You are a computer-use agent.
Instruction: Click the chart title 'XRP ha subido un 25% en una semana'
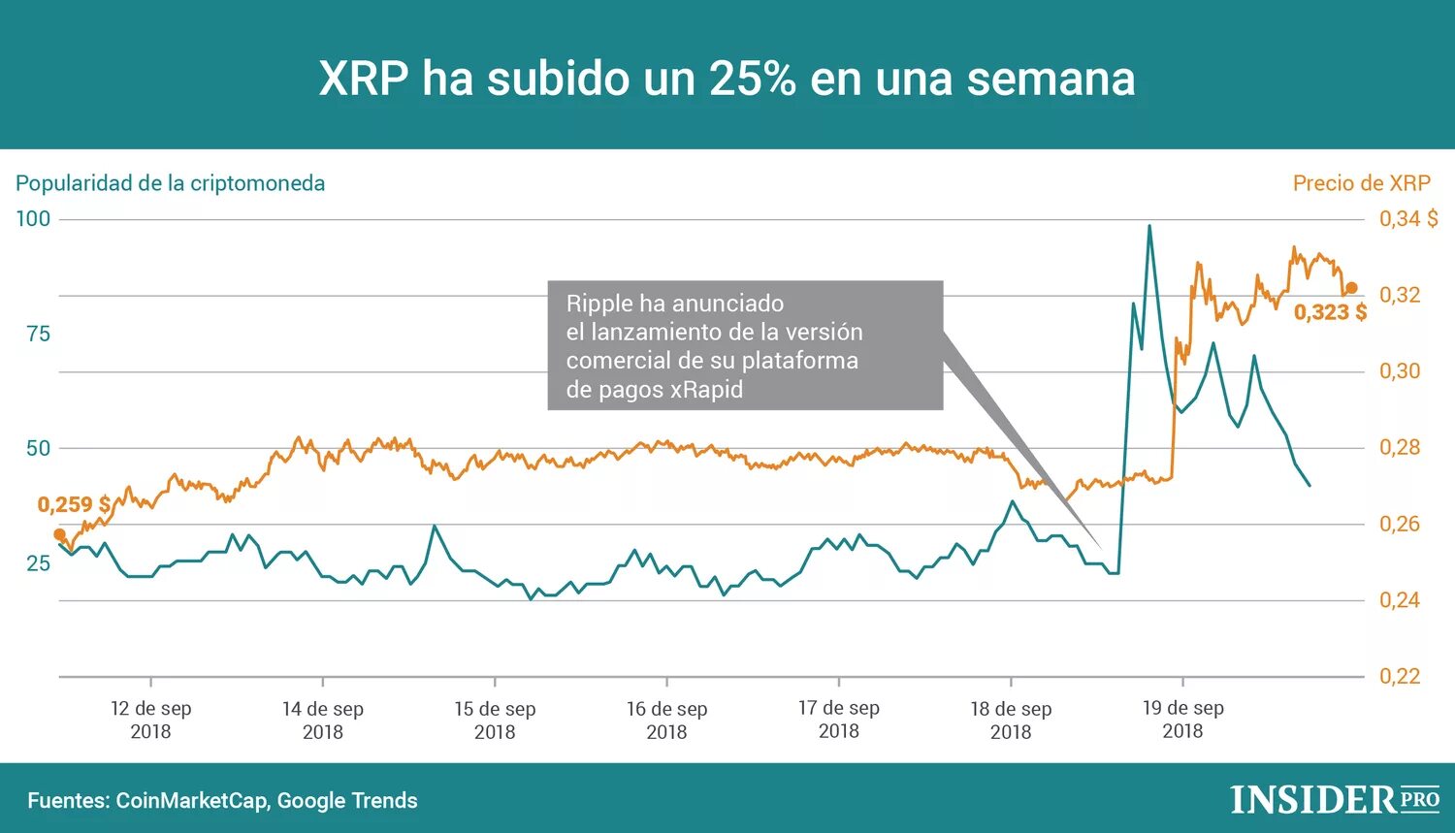(x=727, y=79)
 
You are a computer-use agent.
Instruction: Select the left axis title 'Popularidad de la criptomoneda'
(x=171, y=183)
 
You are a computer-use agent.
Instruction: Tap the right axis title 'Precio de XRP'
(x=1361, y=183)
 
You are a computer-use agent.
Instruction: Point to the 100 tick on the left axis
(x=33, y=219)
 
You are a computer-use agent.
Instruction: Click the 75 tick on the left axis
(x=38, y=334)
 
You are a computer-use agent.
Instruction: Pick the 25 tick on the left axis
(x=38, y=563)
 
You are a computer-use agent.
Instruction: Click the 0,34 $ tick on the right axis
(x=1408, y=219)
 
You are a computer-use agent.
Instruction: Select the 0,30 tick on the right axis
(x=1400, y=371)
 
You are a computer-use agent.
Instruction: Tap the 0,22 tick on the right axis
(x=1400, y=676)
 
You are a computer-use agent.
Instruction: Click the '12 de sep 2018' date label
(x=151, y=720)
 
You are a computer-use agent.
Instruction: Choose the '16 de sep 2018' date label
(x=666, y=720)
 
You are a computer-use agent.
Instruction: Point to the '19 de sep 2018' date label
(x=1182, y=720)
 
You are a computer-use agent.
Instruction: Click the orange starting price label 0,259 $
(x=74, y=504)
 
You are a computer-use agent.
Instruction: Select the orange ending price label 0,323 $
(x=1330, y=312)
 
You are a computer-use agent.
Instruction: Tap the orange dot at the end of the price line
(x=1351, y=288)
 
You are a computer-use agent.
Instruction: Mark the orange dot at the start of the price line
(x=60, y=534)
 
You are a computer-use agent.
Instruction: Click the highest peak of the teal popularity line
(x=1149, y=227)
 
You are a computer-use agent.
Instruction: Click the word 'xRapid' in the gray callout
(x=706, y=390)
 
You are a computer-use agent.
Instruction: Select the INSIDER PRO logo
(x=1335, y=799)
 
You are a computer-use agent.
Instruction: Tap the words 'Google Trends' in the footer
(x=347, y=801)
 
